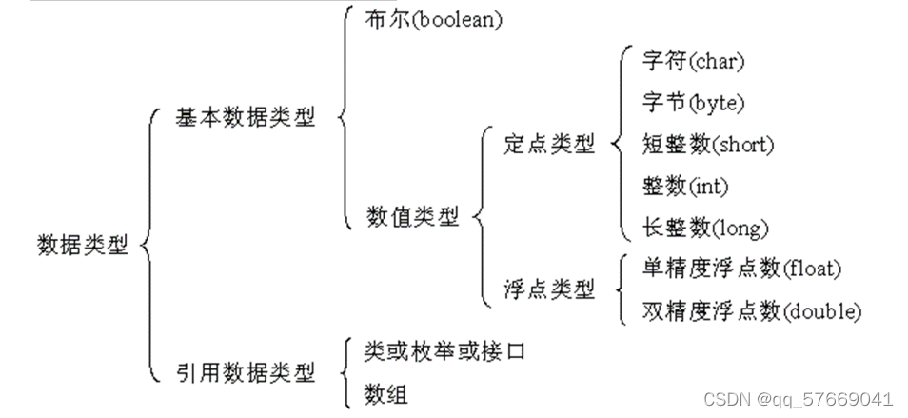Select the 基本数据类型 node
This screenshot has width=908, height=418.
pyautogui.click(x=245, y=118)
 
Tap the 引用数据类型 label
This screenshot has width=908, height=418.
pyautogui.click(x=245, y=372)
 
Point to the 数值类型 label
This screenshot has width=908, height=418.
pyautogui.click(x=412, y=217)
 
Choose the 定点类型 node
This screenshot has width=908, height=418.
pyautogui.click(x=549, y=144)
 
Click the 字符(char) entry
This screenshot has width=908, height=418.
pyautogui.click(x=680, y=62)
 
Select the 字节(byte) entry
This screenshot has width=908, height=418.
pyautogui.click(x=680, y=103)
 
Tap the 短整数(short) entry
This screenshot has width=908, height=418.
pyautogui.click(x=695, y=145)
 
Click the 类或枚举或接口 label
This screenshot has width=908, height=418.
pyautogui.click(x=444, y=351)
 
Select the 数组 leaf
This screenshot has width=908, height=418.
pyautogui.click(x=385, y=393)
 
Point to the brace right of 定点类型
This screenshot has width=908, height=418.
pyautogui.click(x=611, y=144)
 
